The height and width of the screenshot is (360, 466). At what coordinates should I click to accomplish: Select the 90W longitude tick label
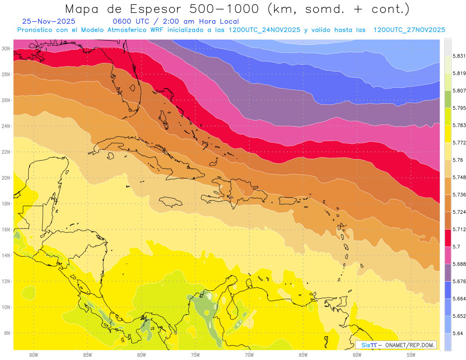33,355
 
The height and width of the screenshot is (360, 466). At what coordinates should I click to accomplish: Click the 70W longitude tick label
249,355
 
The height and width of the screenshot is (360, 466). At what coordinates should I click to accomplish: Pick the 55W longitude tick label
411,355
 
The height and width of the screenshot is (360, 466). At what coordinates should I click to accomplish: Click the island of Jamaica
170,202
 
